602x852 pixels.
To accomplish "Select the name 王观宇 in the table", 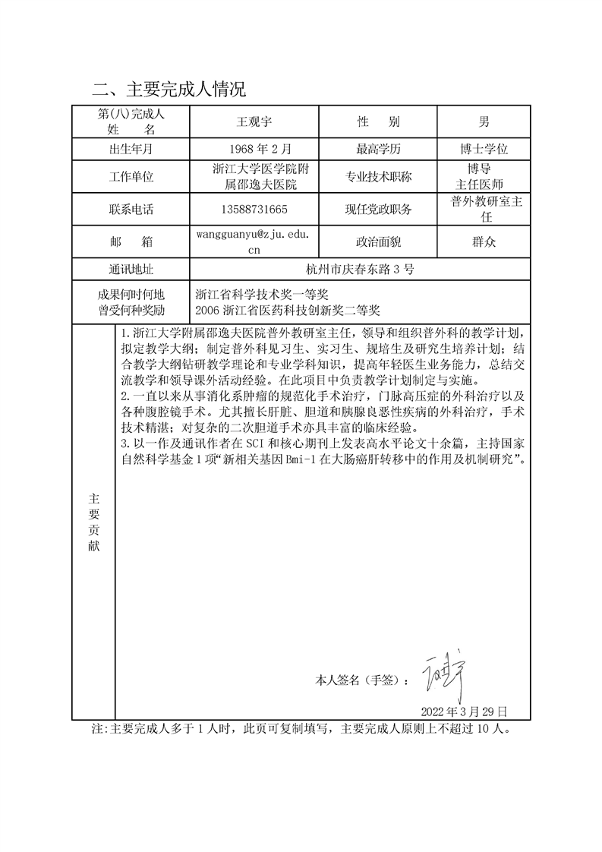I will coord(254,121).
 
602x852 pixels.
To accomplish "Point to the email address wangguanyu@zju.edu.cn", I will coord(254,241).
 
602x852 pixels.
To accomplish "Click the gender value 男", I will coord(484,121).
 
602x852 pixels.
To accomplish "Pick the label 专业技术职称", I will coord(378,178).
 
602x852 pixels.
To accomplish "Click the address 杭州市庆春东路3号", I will coord(359,270).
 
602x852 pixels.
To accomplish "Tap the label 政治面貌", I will coord(378,241).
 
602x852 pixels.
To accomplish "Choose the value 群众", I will coord(484,241).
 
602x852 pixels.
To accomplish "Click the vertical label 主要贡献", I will coord(93,523).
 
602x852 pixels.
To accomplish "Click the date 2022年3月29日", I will coord(463,712).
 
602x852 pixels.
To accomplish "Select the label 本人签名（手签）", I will coord(361,680).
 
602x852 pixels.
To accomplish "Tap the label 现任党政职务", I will coord(378,210).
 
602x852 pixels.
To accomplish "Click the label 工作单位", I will coord(131,178).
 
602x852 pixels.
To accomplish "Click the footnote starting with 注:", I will coord(301,730).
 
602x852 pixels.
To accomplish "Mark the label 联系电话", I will coord(131,210).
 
